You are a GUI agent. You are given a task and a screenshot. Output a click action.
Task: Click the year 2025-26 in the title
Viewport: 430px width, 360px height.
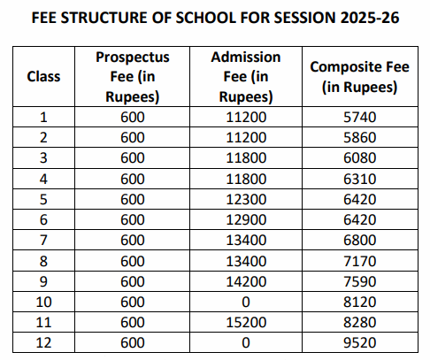click(x=369, y=18)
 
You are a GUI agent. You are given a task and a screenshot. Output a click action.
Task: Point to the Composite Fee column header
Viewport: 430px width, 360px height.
click(x=359, y=76)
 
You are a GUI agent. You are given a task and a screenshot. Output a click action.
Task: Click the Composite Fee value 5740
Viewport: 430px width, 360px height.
click(x=359, y=115)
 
